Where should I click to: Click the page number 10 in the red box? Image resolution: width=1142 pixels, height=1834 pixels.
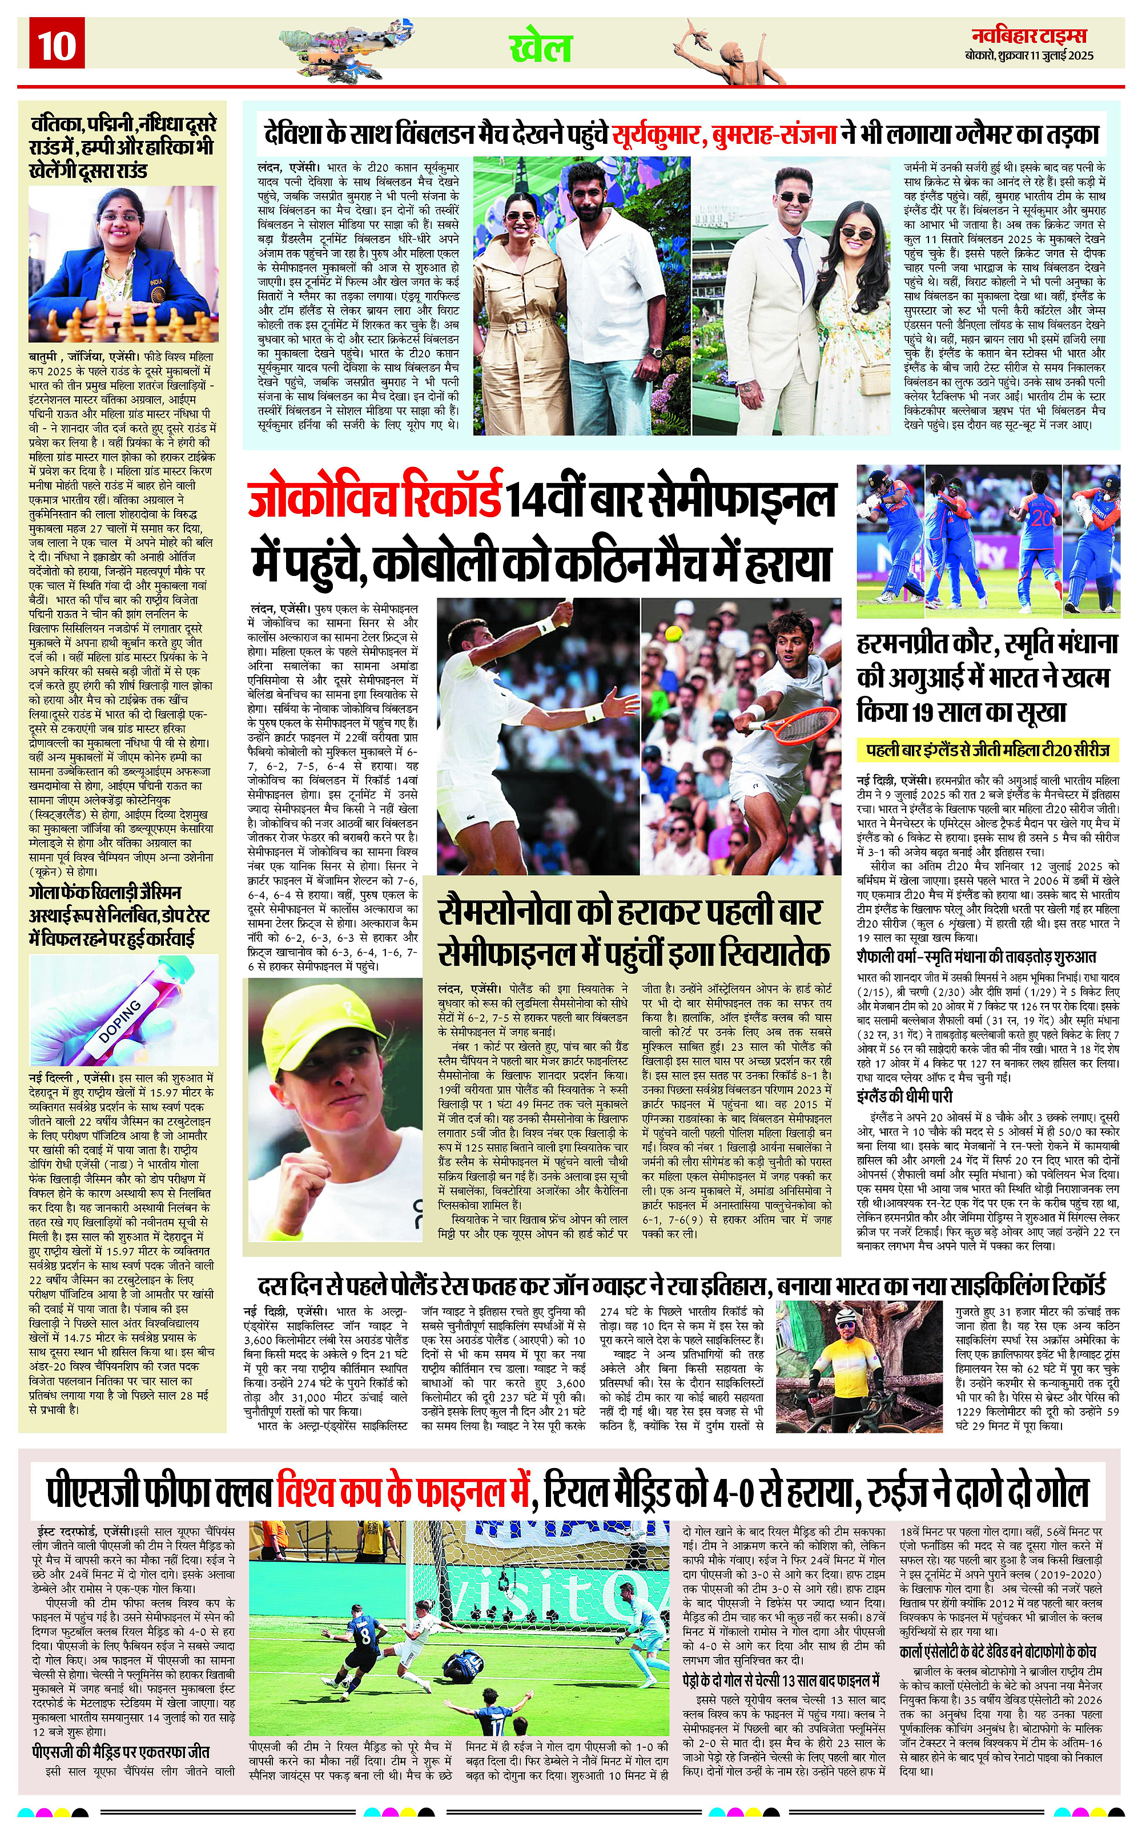point(57,45)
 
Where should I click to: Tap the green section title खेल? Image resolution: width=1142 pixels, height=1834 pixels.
point(541,47)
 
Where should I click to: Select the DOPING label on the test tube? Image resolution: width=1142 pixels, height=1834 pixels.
point(120,1020)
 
